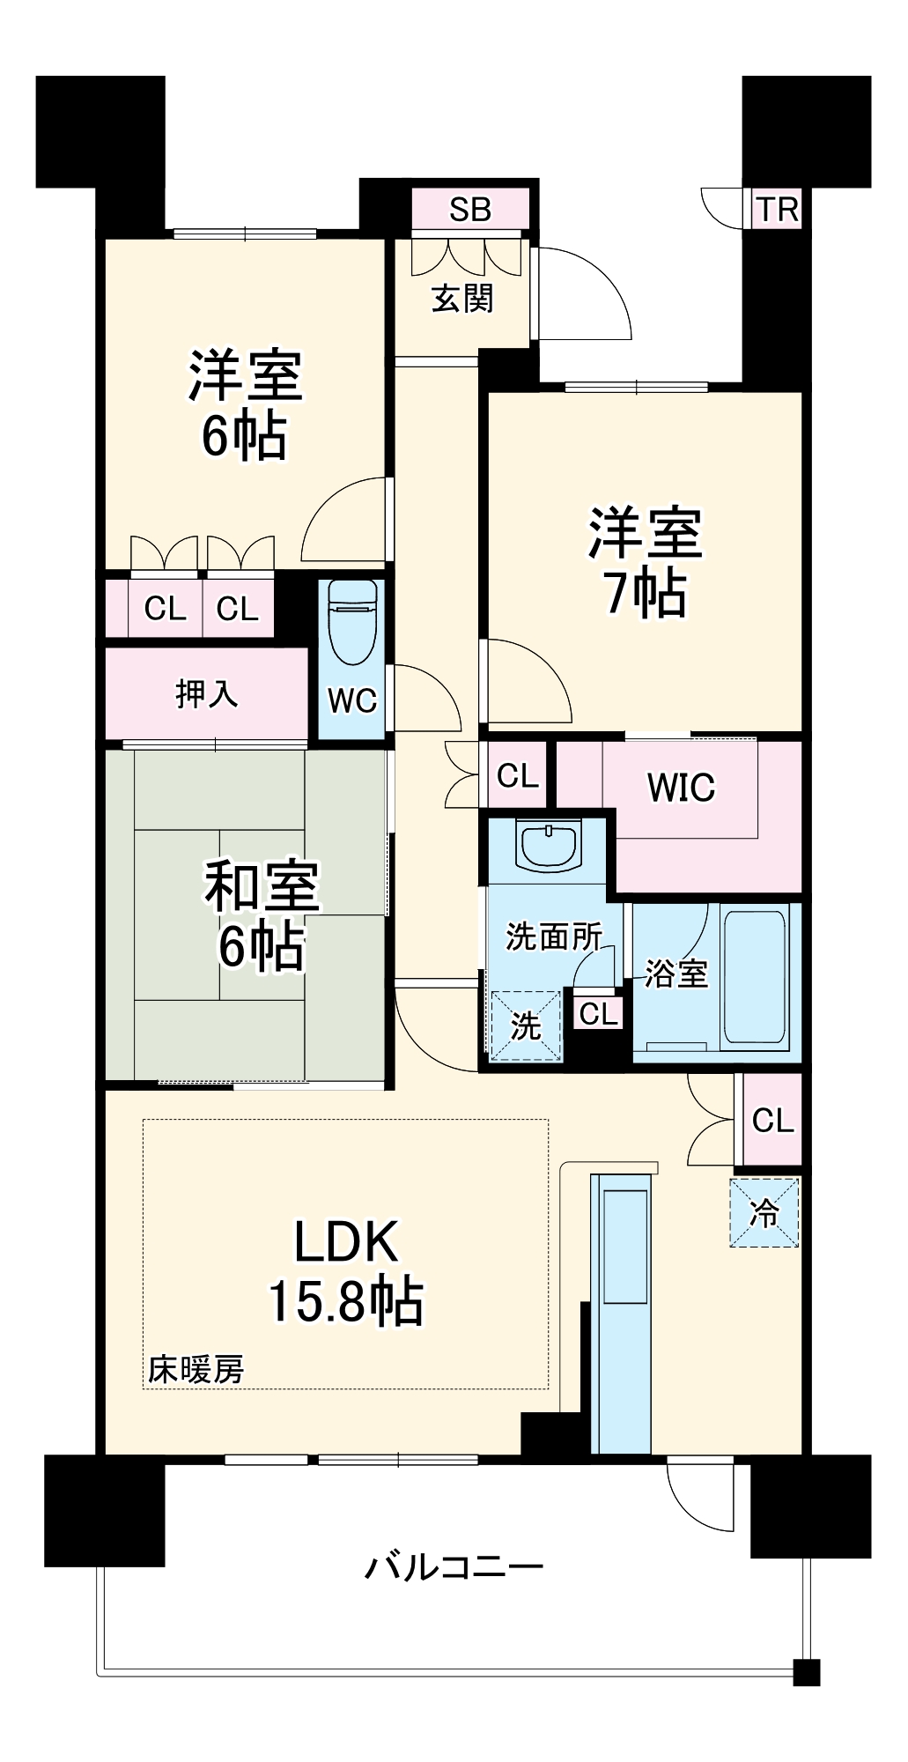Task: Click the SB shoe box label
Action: pyautogui.click(x=469, y=210)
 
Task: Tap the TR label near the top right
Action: pyautogui.click(x=778, y=210)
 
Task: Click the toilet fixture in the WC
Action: pyautogui.click(x=352, y=622)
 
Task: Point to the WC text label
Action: pyautogui.click(x=352, y=700)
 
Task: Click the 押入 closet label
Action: pyautogui.click(x=206, y=694)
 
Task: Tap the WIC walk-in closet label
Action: pyautogui.click(x=681, y=787)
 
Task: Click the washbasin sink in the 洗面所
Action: pyautogui.click(x=549, y=844)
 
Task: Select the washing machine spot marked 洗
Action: pyautogui.click(x=526, y=1026)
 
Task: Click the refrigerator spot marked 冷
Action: pyautogui.click(x=764, y=1213)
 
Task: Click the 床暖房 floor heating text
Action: pyautogui.click(x=196, y=1369)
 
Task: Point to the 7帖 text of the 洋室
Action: pyautogui.click(x=645, y=592)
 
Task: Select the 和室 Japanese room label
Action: pyautogui.click(x=262, y=885)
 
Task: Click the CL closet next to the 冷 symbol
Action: pyautogui.click(x=772, y=1121)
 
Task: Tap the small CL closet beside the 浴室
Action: pyautogui.click(x=599, y=1014)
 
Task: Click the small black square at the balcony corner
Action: pyautogui.click(x=806, y=1672)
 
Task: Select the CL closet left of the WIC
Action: pyautogui.click(x=517, y=775)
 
